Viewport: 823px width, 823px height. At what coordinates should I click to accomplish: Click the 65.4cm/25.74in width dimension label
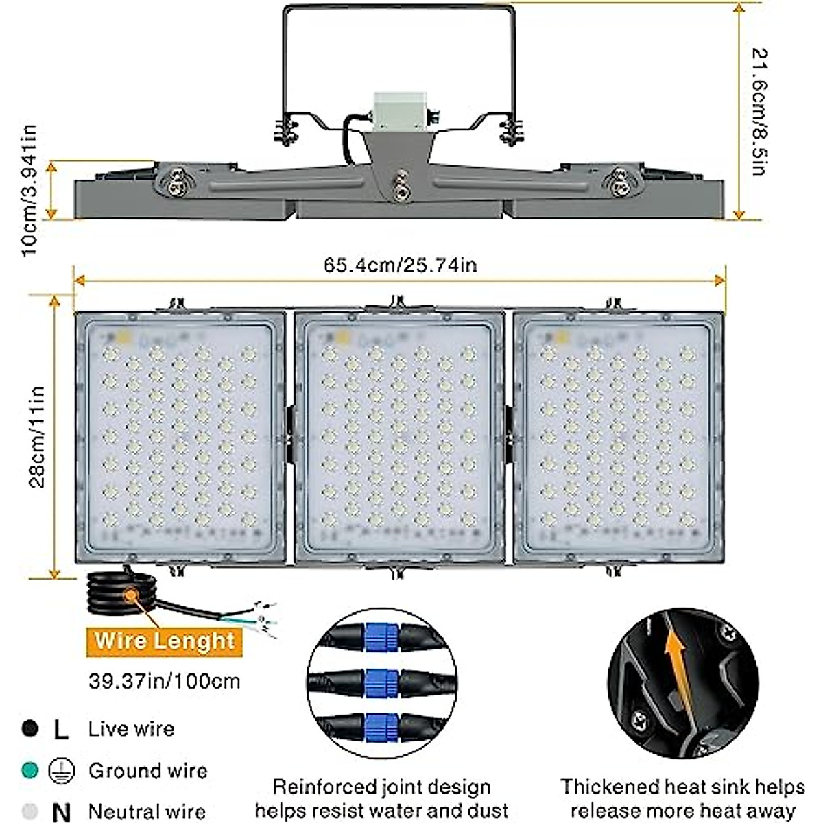[400, 264]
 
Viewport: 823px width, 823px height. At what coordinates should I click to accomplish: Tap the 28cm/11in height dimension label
[37, 437]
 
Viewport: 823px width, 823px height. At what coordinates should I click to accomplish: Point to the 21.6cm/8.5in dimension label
[757, 111]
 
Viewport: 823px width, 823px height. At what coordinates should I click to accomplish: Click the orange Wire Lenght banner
[165, 641]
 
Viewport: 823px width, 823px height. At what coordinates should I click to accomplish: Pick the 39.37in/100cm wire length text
[165, 681]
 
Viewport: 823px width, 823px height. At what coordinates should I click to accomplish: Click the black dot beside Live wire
[29, 728]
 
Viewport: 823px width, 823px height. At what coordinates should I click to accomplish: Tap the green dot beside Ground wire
[29, 770]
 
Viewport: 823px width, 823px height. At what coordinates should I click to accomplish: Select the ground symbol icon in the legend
[61, 772]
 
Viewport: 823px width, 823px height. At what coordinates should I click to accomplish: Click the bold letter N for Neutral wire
[61, 812]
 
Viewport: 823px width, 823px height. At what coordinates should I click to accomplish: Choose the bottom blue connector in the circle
[381, 727]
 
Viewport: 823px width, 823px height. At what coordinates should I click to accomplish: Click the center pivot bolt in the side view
[398, 189]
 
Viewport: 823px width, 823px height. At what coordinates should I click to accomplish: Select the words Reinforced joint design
[381, 787]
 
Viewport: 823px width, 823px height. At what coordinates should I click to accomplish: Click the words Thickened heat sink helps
[682, 787]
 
